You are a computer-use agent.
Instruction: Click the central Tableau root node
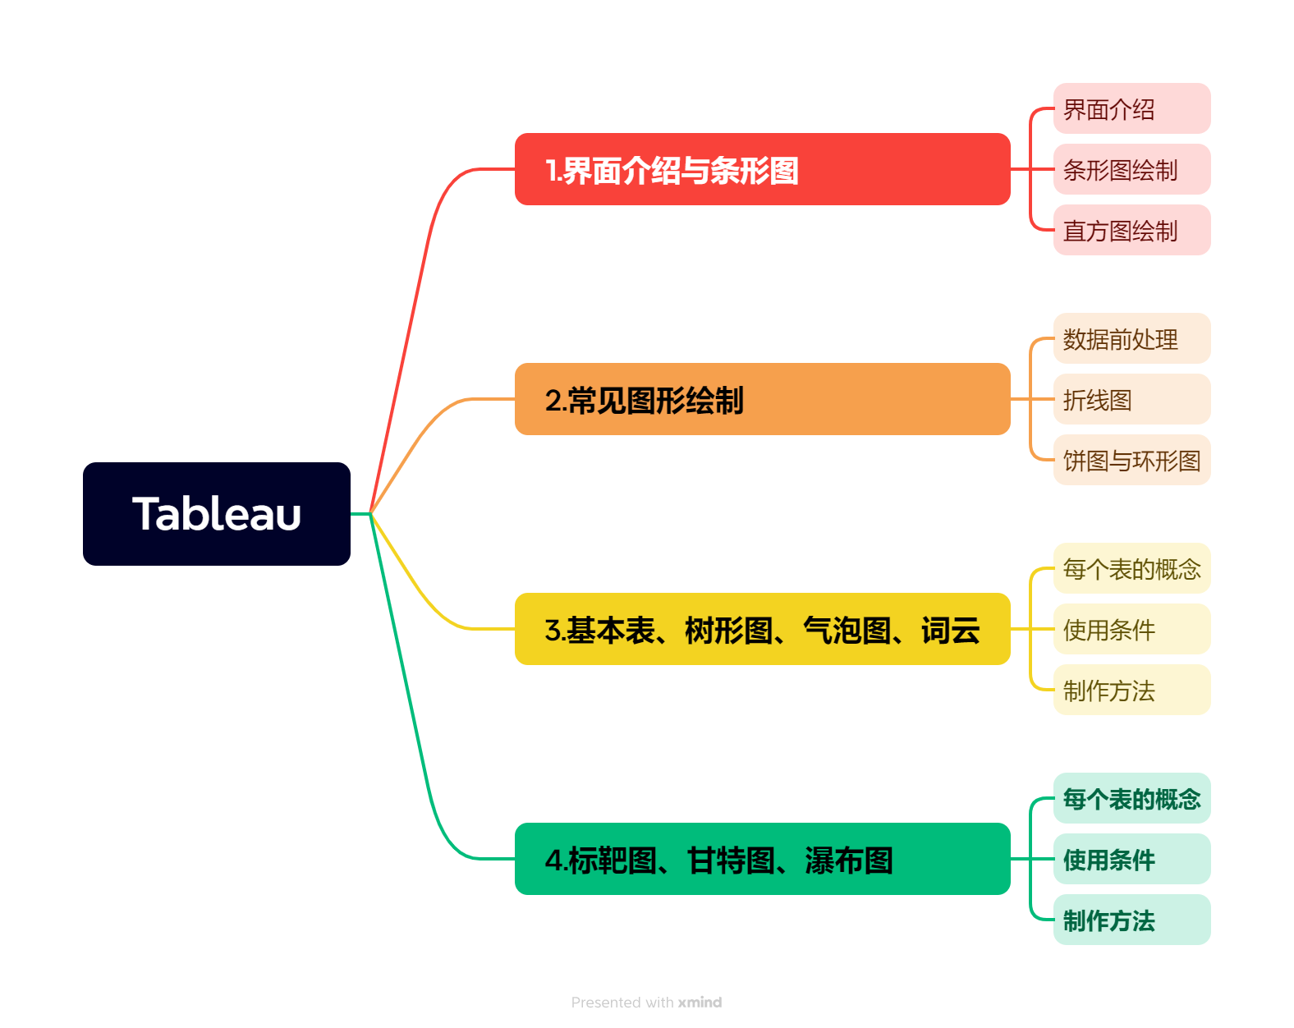point(217,514)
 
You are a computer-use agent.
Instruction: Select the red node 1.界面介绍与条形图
point(762,169)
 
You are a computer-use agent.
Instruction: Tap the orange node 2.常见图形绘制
point(762,399)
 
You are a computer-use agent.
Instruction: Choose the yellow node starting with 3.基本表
point(762,629)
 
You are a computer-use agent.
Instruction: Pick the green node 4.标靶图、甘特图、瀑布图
point(762,859)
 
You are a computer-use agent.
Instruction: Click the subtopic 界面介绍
point(1131,108)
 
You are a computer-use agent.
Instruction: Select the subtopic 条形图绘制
point(1131,169)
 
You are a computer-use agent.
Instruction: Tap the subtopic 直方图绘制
point(1131,230)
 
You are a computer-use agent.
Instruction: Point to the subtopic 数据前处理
point(1131,338)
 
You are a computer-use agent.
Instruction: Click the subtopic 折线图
point(1131,399)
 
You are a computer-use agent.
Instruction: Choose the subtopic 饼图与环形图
point(1131,460)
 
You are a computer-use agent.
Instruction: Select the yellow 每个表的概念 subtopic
point(1131,568)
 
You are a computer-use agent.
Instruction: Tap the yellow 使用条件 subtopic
point(1131,629)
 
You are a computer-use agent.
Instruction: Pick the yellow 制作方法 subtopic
point(1131,690)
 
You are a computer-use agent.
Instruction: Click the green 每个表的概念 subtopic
point(1131,798)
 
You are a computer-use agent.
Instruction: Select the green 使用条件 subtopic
point(1131,859)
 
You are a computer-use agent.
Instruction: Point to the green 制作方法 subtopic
point(1131,920)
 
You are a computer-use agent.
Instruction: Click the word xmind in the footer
point(700,1003)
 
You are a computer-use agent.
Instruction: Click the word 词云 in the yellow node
point(950,631)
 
